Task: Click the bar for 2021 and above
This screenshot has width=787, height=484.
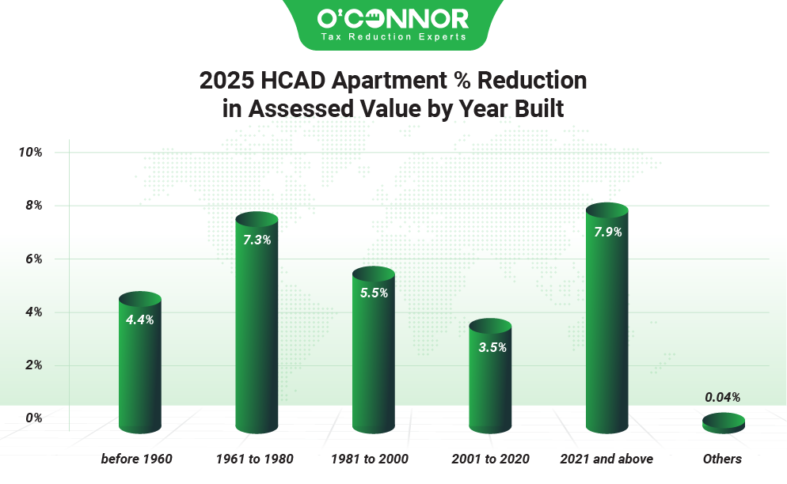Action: (x=606, y=324)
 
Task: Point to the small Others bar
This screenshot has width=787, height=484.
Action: (x=723, y=423)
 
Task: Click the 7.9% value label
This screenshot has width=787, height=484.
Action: (x=606, y=233)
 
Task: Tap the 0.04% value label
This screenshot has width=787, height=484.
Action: (x=723, y=397)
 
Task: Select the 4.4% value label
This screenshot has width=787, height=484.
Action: (x=140, y=320)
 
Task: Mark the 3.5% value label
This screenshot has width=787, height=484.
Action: (x=490, y=347)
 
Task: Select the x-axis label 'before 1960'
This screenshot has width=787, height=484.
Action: (x=136, y=459)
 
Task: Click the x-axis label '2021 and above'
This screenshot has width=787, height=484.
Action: (x=606, y=459)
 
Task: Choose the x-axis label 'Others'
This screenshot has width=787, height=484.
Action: (x=722, y=459)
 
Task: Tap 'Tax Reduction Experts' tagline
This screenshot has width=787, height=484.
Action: (x=393, y=36)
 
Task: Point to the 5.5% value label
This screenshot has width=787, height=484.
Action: (x=373, y=293)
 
